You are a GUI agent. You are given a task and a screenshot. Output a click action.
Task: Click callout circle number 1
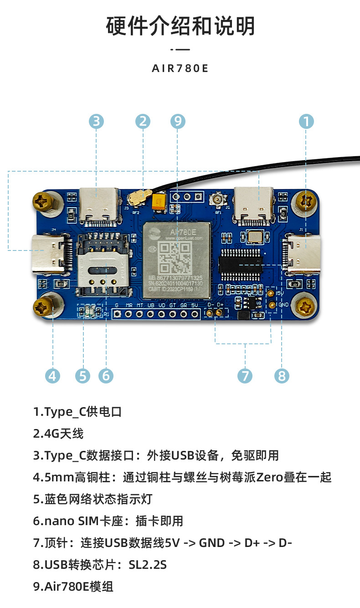coord(306,121)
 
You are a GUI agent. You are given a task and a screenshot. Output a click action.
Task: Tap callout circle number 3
coord(96,121)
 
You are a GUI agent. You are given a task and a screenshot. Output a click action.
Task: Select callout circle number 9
coord(178,121)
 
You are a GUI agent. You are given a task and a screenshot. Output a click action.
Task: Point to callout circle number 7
coord(245,376)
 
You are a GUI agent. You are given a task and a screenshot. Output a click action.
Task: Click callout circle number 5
coord(82,376)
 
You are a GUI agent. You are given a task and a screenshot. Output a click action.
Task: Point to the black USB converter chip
coord(241,263)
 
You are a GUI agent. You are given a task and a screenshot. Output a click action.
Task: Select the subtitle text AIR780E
coord(180,69)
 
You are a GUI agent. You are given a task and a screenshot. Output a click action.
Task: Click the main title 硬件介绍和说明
coord(180,26)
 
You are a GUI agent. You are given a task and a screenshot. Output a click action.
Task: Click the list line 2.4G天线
coord(58,434)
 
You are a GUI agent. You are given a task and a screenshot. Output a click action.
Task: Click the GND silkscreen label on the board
coord(283,304)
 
